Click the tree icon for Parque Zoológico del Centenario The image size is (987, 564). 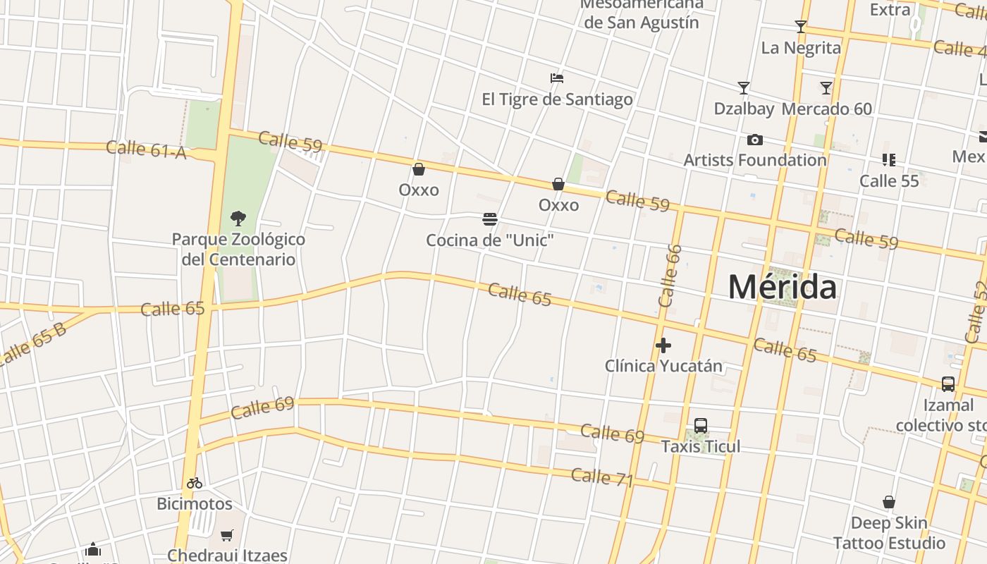coord(238,218)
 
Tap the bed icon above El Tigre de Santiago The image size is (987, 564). coord(557,78)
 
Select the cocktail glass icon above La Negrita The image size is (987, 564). coord(800,27)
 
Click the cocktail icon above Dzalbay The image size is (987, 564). coord(744,88)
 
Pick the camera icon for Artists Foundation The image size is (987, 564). coord(754,140)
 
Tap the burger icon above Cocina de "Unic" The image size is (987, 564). coord(490,219)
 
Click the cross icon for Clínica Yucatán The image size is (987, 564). coord(663,345)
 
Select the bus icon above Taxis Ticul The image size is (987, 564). coord(701,426)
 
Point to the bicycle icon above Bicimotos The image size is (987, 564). coord(195,484)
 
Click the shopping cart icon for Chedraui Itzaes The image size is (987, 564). coord(227,536)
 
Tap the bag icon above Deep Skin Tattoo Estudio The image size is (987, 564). coord(889,503)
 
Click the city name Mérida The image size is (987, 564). coord(783,287)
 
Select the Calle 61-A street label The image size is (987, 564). coord(147,149)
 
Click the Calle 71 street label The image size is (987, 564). coord(602,477)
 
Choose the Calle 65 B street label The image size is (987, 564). coord(32,345)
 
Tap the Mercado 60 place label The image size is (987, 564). coord(827,109)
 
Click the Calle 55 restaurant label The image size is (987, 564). coord(889,180)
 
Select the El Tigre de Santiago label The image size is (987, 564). coord(557,99)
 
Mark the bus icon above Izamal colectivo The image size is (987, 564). coord(948,384)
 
